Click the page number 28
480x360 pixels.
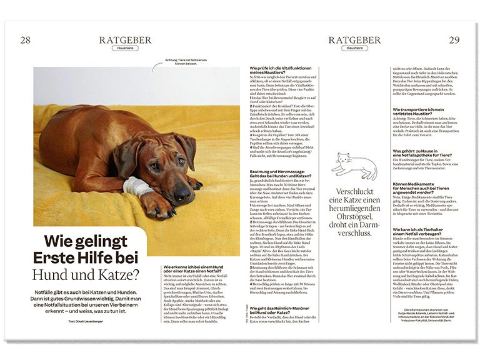click(x=25, y=40)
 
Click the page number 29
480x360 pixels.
click(x=454, y=40)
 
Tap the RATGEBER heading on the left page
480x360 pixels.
click(x=125, y=40)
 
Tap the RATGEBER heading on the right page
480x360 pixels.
click(x=354, y=40)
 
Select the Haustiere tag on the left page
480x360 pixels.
click(x=125, y=48)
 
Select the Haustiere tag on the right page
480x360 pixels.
click(x=354, y=48)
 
